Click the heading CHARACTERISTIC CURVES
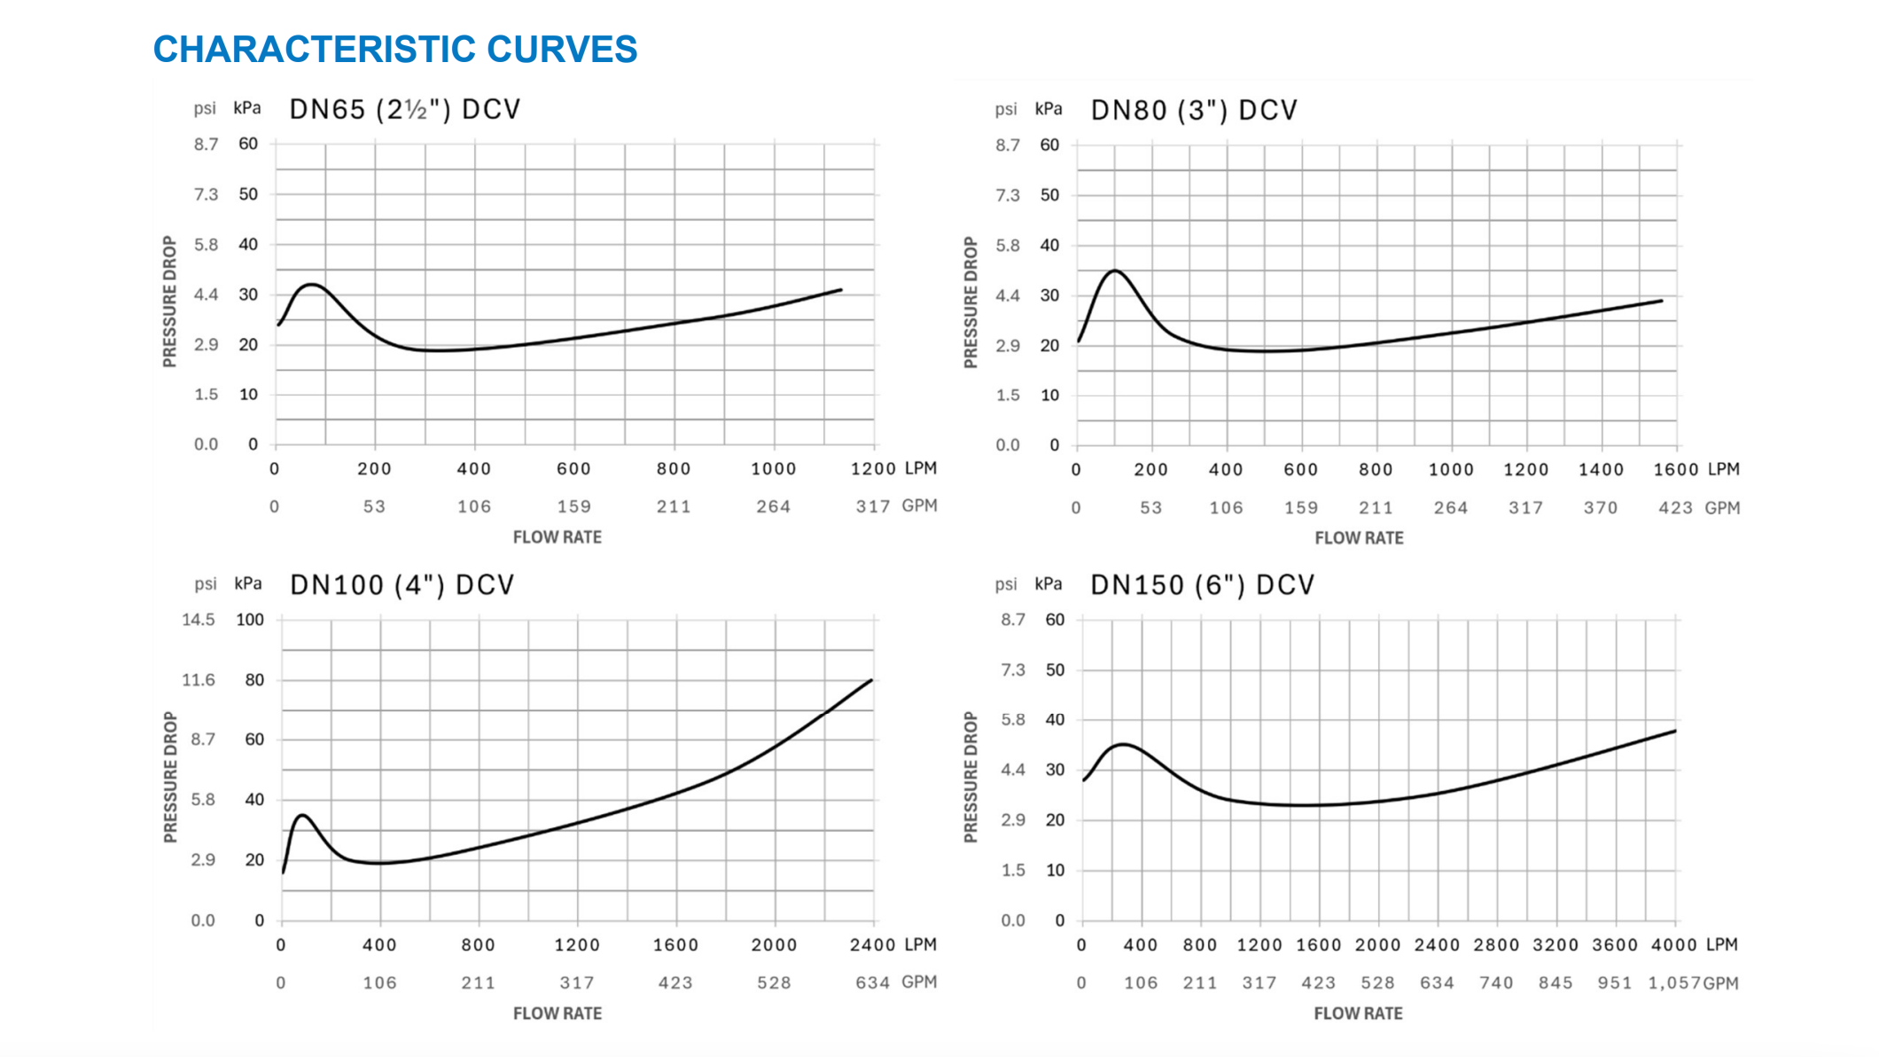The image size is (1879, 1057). (394, 50)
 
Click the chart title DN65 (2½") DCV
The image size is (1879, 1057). (405, 109)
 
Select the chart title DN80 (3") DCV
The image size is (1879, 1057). (1194, 110)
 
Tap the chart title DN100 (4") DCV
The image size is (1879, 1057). (402, 585)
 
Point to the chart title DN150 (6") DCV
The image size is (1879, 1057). (1202, 585)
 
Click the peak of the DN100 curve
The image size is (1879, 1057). (303, 815)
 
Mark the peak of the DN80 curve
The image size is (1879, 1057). (1115, 270)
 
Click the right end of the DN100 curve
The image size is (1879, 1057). (871, 680)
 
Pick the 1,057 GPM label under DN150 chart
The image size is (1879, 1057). (1674, 983)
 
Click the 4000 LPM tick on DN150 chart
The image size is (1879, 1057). (1674, 945)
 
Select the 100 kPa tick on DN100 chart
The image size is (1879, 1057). (250, 620)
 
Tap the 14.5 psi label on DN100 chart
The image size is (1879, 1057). (199, 620)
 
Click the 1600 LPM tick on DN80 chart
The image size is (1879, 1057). (1675, 470)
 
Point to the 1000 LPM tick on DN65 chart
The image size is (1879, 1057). (773, 469)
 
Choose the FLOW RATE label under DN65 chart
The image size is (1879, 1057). (557, 537)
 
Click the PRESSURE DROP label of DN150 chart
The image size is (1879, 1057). (971, 777)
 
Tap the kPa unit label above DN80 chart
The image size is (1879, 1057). (1049, 109)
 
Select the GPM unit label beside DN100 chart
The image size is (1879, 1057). (919, 982)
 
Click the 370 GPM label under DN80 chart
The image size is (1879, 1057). (1601, 508)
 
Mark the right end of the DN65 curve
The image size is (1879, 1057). (840, 290)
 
